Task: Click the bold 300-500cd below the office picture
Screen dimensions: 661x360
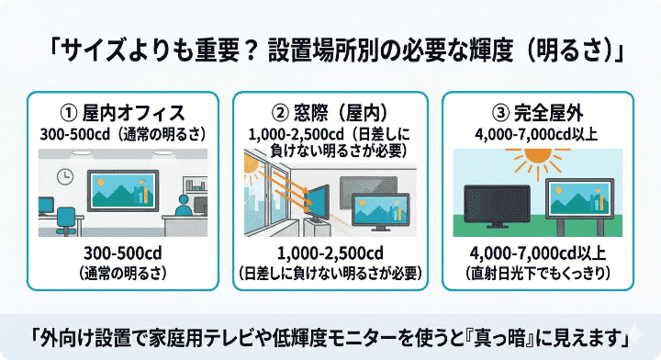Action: (122, 253)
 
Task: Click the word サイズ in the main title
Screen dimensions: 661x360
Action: (94, 51)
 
